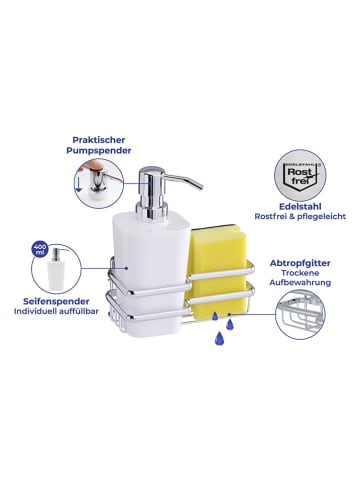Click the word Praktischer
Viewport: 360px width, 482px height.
[x=99, y=140]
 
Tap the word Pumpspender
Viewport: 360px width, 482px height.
[x=99, y=151]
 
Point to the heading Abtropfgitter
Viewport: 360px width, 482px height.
[x=300, y=263]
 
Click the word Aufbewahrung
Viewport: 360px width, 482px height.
[x=300, y=283]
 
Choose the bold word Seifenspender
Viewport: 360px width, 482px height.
[x=56, y=302]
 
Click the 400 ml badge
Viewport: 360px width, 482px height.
[x=40, y=250]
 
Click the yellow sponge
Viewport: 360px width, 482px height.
[x=217, y=266]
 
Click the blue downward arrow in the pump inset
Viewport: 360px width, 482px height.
[x=79, y=184]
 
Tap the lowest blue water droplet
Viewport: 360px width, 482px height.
[x=219, y=339]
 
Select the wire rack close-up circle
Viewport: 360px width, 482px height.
[x=300, y=314]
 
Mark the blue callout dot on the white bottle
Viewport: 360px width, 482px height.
[x=126, y=268]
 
